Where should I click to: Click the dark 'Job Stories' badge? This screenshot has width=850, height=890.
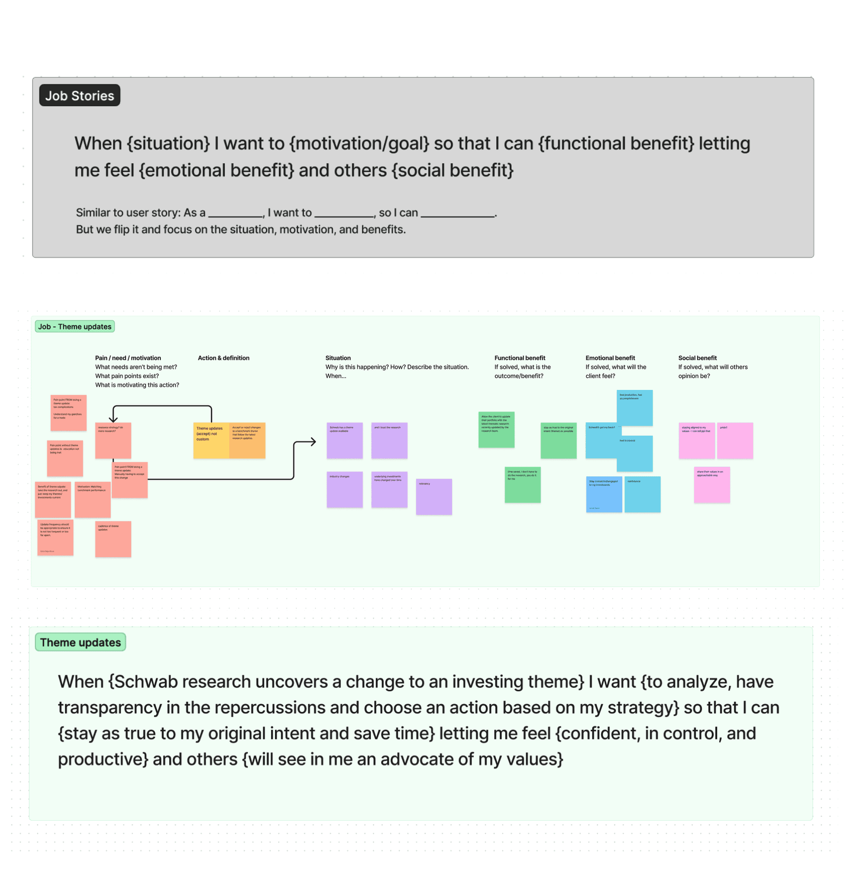pos(80,96)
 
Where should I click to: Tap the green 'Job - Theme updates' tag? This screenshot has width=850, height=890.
pos(75,326)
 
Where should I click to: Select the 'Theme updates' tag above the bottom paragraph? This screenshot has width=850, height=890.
pos(80,642)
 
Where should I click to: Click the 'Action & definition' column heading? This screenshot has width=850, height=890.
pos(223,358)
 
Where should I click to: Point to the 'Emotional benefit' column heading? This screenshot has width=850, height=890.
pos(610,358)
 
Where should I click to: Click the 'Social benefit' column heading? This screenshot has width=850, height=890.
pos(697,358)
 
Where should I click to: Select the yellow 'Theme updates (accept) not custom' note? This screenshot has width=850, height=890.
pos(211,441)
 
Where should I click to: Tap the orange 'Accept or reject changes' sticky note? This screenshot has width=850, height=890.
pos(247,441)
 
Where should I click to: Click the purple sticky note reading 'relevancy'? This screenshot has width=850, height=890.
pos(434,497)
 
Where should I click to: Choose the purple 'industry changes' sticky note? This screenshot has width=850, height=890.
pos(345,490)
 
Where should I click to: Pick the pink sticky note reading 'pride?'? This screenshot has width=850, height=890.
pos(735,441)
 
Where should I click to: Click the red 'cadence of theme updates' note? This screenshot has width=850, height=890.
pos(113,539)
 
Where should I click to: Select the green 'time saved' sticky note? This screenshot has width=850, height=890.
pos(522,485)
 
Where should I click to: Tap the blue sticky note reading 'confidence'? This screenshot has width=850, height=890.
pos(642,494)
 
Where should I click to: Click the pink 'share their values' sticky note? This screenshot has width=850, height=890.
pos(712,485)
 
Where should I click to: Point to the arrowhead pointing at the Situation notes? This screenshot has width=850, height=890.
pos(313,442)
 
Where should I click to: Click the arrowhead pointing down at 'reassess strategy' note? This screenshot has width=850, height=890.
pos(114,419)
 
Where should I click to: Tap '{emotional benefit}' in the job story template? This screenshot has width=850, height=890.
pos(216,170)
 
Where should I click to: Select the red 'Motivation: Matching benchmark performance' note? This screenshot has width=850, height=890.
pos(92,500)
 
